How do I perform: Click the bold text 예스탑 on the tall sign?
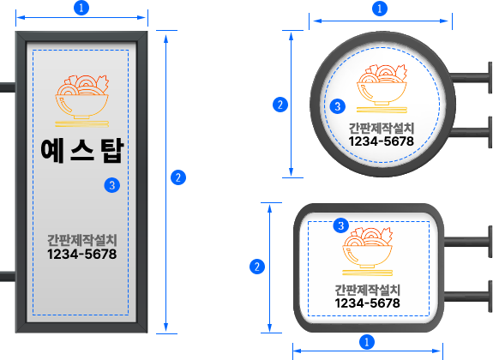(82, 150)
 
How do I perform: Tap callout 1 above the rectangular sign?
(81, 8)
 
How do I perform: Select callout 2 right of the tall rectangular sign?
(178, 177)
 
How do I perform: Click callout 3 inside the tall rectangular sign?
(112, 185)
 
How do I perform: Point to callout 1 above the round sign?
(380, 9)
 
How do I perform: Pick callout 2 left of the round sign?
(280, 105)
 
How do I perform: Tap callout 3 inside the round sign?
(337, 106)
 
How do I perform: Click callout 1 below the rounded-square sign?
(367, 341)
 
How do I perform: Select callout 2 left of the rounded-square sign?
(257, 267)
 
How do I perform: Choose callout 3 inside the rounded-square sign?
(341, 225)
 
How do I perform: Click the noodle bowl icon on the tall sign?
(81, 101)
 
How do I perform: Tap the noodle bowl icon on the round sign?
(382, 88)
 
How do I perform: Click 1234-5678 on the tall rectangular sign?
(82, 254)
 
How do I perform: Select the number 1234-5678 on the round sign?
(382, 141)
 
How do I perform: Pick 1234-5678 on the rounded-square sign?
(367, 303)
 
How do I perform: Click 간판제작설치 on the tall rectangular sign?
(82, 240)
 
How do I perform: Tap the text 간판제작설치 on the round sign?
(382, 128)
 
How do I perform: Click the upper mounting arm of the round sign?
(471, 78)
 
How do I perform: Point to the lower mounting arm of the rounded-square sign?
(467, 297)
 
